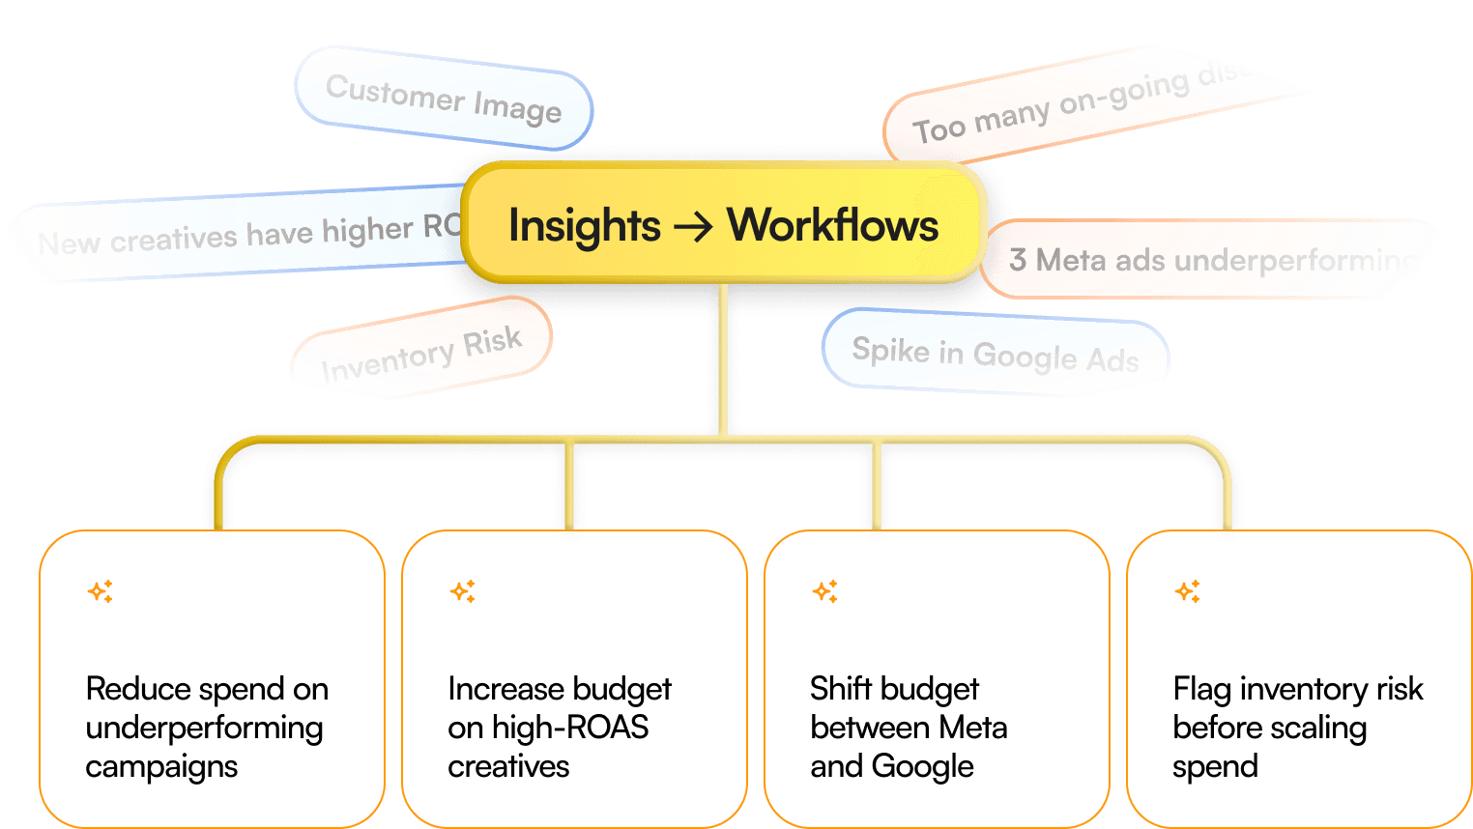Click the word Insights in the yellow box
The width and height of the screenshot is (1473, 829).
tap(585, 226)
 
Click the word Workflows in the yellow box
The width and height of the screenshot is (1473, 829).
tap(832, 225)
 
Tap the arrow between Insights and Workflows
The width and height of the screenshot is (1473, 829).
tap(693, 227)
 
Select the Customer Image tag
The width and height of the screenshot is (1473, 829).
tap(444, 99)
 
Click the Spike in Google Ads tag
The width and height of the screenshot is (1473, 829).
tap(996, 354)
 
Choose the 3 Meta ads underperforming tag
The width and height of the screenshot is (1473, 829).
tap(1213, 260)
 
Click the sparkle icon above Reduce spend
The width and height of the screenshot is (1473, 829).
tap(101, 590)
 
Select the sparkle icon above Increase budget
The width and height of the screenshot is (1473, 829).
tap(463, 590)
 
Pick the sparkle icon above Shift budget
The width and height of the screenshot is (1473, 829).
tap(825, 590)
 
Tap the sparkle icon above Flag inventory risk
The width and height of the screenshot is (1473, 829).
tap(1188, 590)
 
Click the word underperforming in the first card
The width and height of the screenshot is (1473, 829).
tap(204, 729)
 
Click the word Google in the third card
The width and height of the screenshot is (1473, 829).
tap(922, 766)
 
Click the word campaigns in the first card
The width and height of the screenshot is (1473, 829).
tap(161, 767)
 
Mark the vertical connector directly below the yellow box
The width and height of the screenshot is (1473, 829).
tap(723, 357)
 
